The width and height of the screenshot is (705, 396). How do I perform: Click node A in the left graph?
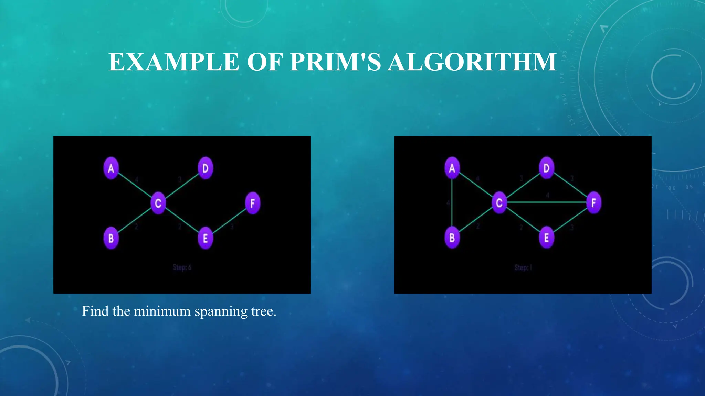click(111, 168)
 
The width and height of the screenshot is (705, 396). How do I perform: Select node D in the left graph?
click(205, 168)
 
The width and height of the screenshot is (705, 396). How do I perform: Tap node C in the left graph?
click(158, 203)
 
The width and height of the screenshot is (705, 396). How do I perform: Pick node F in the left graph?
click(252, 203)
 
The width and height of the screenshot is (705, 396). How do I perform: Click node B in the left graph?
click(111, 238)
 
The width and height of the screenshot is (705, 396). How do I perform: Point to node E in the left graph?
click(205, 238)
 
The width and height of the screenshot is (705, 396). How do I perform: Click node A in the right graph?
click(452, 168)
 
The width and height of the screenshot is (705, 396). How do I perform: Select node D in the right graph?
click(546, 168)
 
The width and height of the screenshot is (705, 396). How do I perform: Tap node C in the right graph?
click(499, 203)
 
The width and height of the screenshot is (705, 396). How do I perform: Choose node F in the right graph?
click(593, 203)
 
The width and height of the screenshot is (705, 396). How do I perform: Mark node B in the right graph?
click(452, 238)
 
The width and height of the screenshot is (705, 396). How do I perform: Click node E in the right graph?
click(546, 238)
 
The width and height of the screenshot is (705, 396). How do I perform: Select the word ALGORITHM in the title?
click(472, 62)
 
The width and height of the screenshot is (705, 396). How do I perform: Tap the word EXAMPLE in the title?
click(174, 62)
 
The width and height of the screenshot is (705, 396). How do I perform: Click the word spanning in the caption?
click(221, 311)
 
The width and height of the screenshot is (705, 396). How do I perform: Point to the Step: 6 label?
click(182, 267)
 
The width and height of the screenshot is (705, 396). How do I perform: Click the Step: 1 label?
click(523, 267)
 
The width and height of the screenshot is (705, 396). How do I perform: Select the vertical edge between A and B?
click(452, 203)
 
